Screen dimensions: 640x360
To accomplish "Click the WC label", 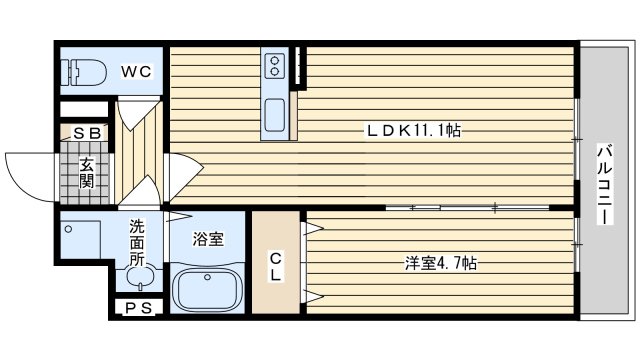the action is [x=136, y=72].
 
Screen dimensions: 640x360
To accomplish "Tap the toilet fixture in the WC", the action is [x=83, y=72].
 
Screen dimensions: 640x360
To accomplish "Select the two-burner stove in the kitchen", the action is [x=275, y=67].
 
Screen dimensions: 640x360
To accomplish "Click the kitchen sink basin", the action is [x=274, y=115].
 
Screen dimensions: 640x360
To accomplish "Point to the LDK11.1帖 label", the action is [x=414, y=131].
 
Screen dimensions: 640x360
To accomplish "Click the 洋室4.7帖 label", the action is [x=441, y=263].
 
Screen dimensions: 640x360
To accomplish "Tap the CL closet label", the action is [x=276, y=267].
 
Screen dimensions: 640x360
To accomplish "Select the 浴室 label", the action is [x=208, y=239].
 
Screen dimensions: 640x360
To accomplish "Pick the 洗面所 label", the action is [x=137, y=243].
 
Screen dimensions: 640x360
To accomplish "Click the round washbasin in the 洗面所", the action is [x=141, y=276].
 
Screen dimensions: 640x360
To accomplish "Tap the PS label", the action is [x=138, y=308].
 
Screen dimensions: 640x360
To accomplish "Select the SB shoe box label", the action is [x=87, y=133].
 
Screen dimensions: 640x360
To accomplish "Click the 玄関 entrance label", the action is [x=87, y=173].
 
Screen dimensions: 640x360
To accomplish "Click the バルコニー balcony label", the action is [x=605, y=184].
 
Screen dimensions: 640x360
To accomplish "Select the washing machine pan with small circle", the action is [x=80, y=240].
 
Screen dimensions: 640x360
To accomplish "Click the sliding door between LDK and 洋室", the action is [x=468, y=208].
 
